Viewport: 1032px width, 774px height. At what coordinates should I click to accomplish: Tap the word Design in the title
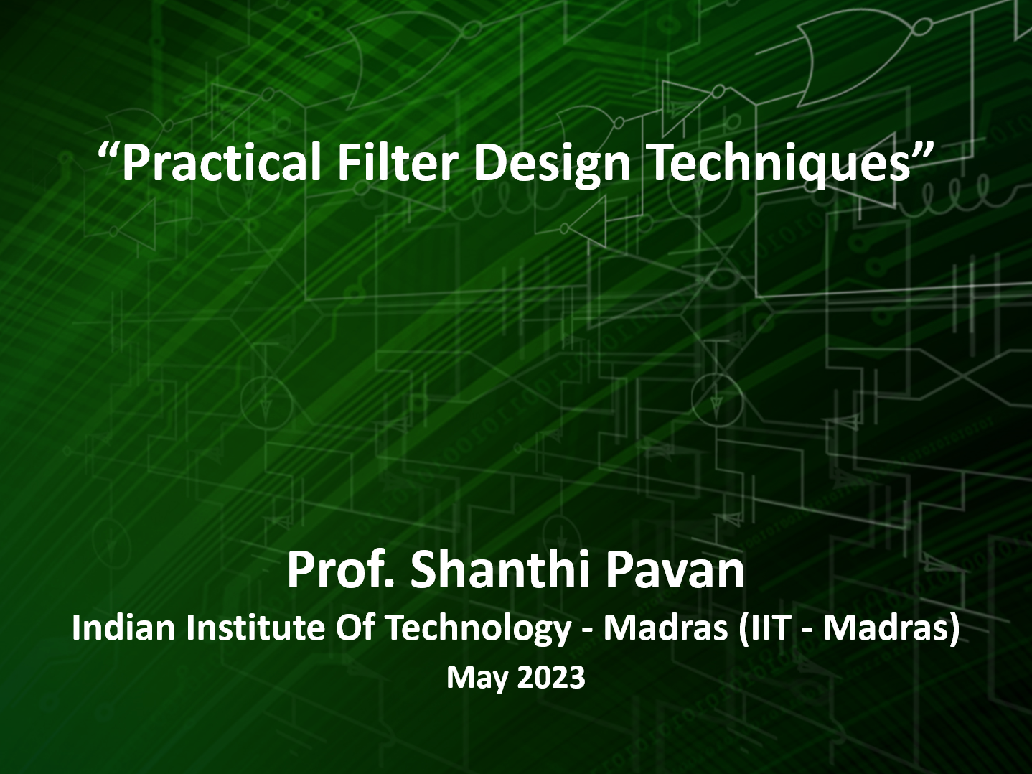pyautogui.click(x=551, y=163)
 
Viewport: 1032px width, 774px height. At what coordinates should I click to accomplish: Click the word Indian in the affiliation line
pyautogui.click(x=123, y=628)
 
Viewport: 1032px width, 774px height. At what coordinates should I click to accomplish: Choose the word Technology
pyautogui.click(x=477, y=628)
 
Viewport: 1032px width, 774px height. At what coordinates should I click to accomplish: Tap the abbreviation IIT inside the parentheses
pyautogui.click(x=769, y=628)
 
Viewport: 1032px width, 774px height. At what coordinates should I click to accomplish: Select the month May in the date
pyautogui.click(x=475, y=678)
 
